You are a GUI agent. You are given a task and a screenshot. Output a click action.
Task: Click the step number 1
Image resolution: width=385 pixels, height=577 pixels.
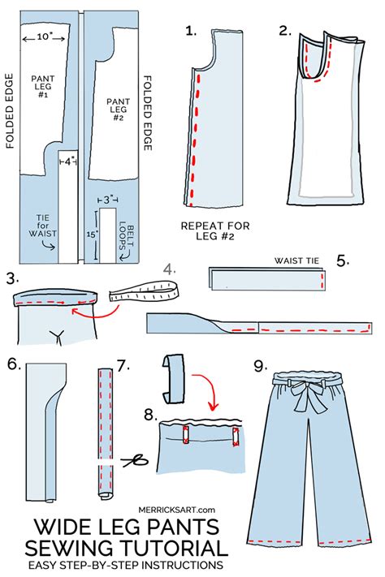coord(191,32)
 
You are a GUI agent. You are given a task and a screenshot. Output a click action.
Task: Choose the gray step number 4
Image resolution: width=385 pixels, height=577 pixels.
coord(168,269)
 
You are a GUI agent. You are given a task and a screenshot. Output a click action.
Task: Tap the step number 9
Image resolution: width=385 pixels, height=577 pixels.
coord(259,367)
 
